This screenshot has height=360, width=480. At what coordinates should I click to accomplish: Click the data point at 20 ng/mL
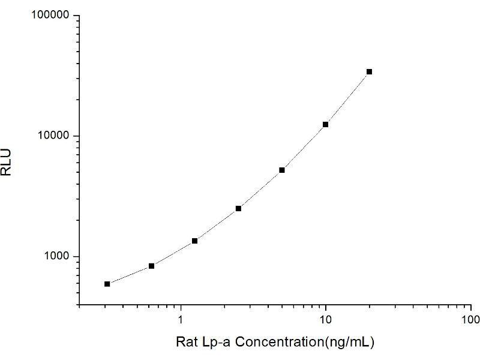(369, 71)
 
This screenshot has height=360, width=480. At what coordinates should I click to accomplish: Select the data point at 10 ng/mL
(325, 124)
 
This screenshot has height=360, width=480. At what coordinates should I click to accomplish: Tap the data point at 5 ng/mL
(282, 170)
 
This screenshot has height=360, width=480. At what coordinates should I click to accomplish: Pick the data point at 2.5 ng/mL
(238, 208)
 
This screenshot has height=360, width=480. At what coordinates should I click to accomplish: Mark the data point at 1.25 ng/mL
(194, 241)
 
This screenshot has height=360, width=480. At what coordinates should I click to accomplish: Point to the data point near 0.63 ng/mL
(151, 266)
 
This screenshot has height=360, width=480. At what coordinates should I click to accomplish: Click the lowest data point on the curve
(107, 284)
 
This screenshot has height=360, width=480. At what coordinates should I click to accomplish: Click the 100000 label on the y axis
(51, 16)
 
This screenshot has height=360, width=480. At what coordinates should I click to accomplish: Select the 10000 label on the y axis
(54, 136)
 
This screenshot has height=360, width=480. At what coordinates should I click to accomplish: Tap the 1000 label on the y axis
(57, 257)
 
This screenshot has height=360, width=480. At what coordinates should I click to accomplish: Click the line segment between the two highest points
(347, 98)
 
